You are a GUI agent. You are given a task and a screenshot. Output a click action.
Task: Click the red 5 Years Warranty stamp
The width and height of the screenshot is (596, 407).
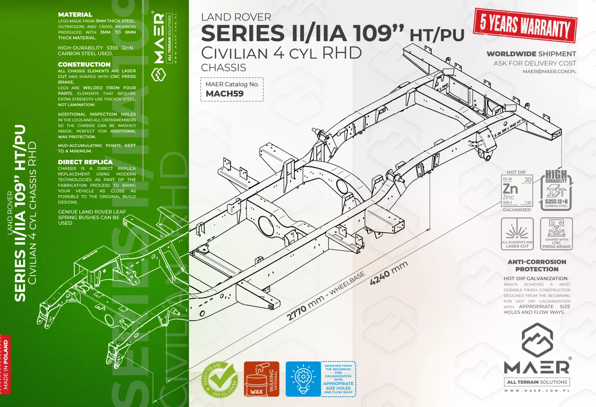(525, 25)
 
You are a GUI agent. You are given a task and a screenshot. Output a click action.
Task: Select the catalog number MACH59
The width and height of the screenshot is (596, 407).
(225, 94)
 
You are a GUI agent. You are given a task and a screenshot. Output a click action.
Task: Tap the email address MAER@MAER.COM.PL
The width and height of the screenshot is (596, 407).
(549, 72)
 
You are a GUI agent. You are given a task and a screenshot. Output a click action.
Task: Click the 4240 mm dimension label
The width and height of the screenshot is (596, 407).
(389, 273)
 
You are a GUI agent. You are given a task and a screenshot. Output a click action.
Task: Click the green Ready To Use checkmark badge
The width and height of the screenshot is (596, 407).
(220, 379)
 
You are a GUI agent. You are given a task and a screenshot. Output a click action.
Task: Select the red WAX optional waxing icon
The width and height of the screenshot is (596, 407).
(261, 379)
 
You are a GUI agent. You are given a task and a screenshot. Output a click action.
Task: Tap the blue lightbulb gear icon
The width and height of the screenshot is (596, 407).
(303, 379)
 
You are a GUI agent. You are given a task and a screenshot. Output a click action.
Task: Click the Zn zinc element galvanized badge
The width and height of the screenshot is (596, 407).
(517, 191)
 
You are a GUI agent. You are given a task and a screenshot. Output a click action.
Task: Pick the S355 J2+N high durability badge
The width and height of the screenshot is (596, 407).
(556, 190)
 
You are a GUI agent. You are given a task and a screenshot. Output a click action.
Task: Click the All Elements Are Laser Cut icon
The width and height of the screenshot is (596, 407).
(517, 234)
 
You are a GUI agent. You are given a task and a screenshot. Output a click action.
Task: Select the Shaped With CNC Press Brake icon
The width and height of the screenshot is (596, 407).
(556, 234)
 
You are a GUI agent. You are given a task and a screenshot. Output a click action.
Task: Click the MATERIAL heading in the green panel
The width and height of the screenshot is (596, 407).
(75, 15)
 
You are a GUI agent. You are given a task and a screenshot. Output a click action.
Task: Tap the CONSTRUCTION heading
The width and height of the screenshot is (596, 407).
(84, 64)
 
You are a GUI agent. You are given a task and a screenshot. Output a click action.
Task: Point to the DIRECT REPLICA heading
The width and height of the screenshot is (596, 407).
(85, 162)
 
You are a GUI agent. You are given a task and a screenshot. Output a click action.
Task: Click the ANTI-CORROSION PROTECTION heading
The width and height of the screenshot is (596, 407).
(537, 265)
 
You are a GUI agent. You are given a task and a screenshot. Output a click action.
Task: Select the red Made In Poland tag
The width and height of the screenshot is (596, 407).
(5, 364)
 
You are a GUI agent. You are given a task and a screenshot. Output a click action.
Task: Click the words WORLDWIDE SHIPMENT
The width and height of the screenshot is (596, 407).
(531, 54)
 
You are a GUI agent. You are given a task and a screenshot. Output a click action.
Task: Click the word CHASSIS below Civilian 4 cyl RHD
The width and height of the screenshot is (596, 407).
(224, 68)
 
